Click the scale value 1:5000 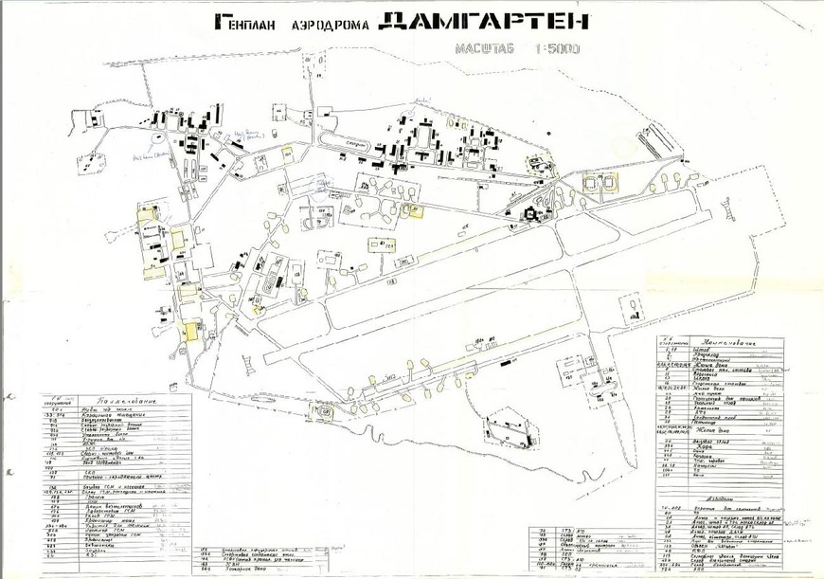[555, 47]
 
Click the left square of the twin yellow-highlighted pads [594, 181]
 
